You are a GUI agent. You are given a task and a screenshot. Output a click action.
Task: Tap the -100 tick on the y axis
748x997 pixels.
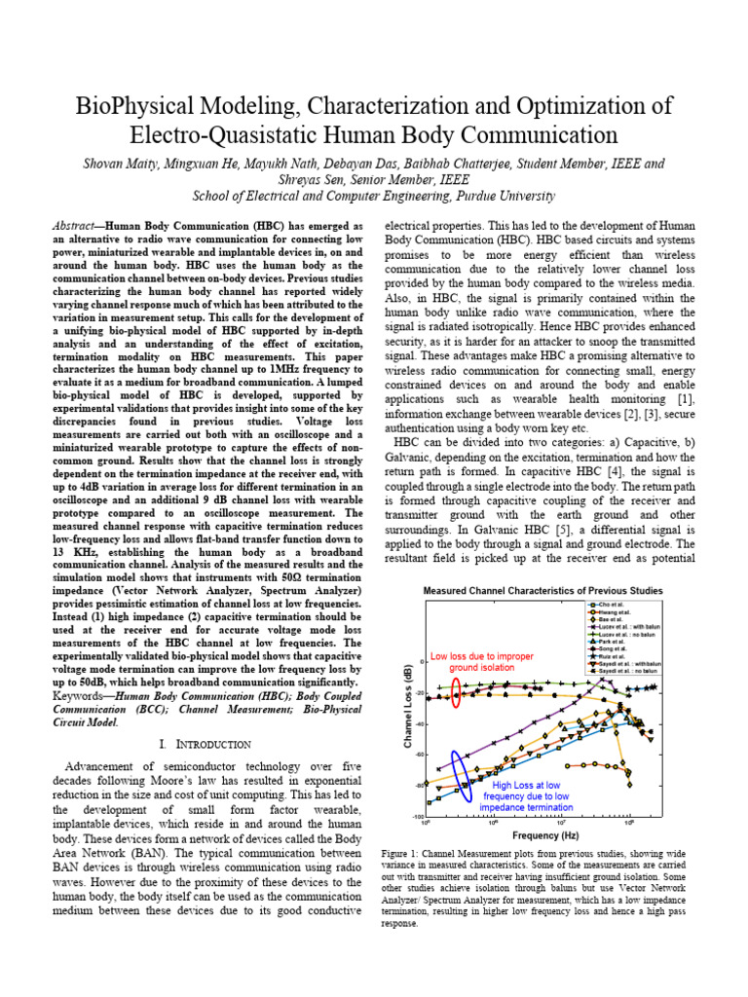point(418,816)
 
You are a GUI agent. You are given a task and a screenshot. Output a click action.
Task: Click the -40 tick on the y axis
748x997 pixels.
point(420,723)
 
